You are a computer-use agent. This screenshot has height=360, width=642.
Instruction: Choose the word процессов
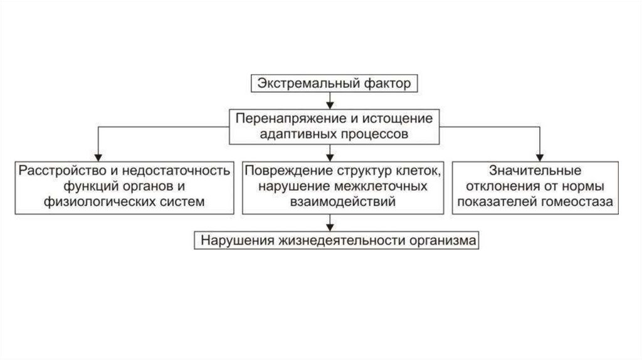372,134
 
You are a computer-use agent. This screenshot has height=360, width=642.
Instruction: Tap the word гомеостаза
577,201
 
